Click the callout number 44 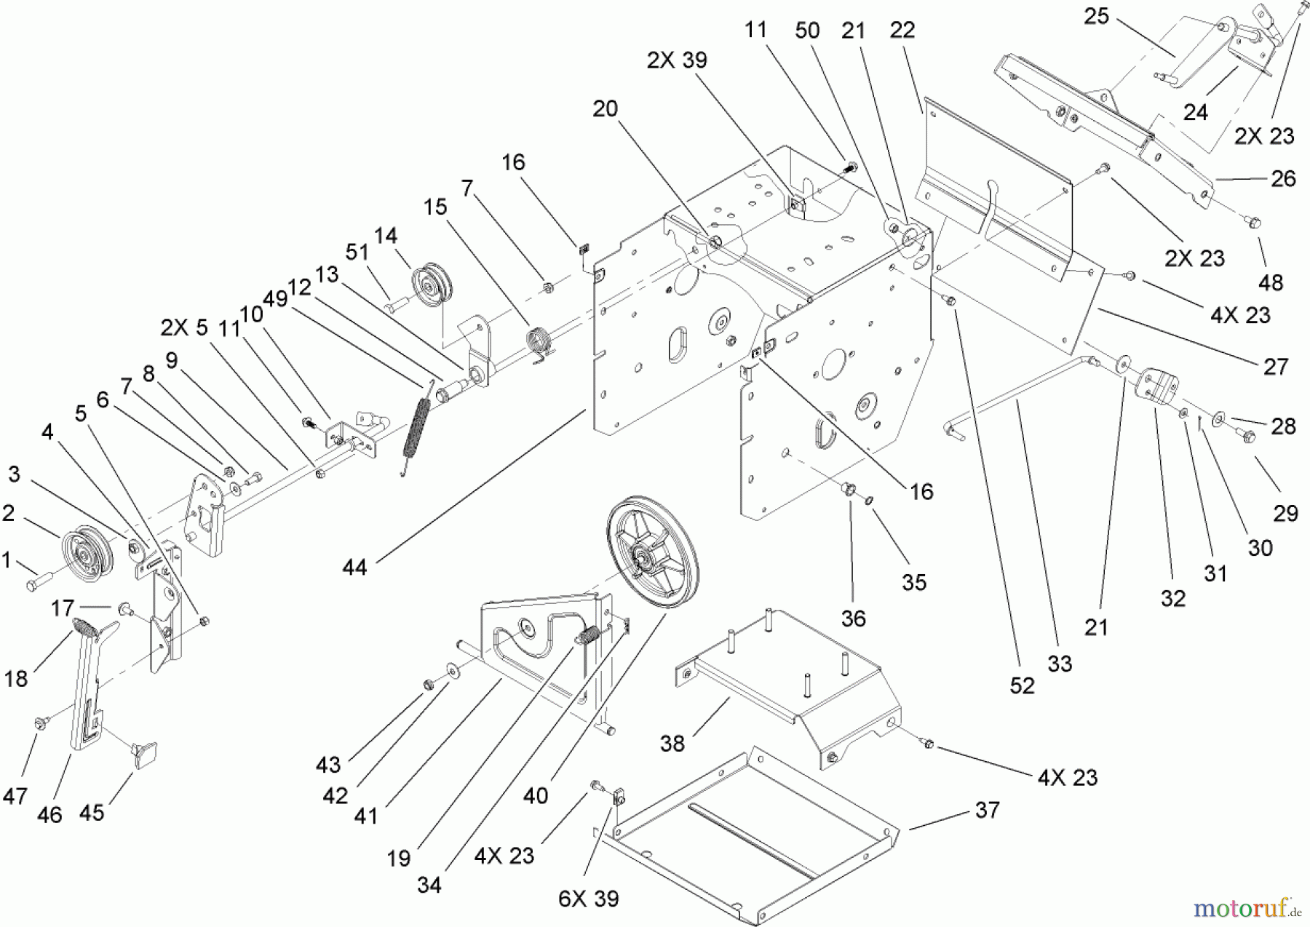(x=355, y=568)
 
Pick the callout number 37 (x=987, y=810)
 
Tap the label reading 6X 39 (x=589, y=899)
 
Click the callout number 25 (x=1096, y=16)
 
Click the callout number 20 (x=605, y=109)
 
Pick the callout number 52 (x=1022, y=685)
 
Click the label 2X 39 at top (x=676, y=60)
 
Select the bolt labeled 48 (x=1254, y=219)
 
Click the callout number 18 (x=16, y=678)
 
